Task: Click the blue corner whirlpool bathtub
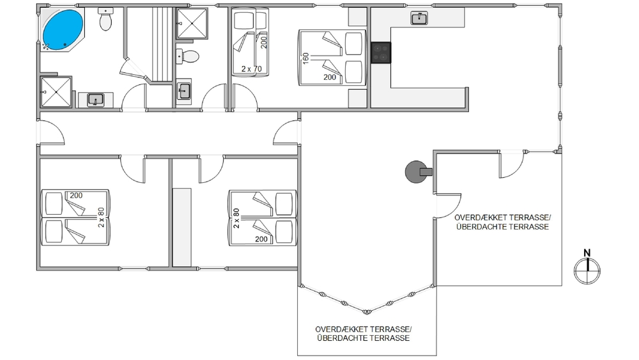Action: (63, 30)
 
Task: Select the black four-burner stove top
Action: (381, 52)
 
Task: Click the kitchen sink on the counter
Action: (419, 19)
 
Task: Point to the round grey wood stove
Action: (416, 171)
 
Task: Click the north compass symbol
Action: (587, 270)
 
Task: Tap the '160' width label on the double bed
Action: (306, 58)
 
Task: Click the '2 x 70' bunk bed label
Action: (251, 69)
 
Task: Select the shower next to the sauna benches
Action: (192, 24)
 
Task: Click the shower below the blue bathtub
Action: (56, 92)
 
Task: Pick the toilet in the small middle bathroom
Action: (187, 56)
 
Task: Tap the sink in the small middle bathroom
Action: (184, 91)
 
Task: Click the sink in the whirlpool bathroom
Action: (96, 100)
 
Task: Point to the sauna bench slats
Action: (162, 43)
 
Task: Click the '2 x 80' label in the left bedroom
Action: (101, 217)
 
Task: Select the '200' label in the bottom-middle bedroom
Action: (261, 239)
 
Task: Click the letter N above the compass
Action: (587, 253)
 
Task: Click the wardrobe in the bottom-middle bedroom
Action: (181, 227)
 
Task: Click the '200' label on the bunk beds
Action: (264, 42)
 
